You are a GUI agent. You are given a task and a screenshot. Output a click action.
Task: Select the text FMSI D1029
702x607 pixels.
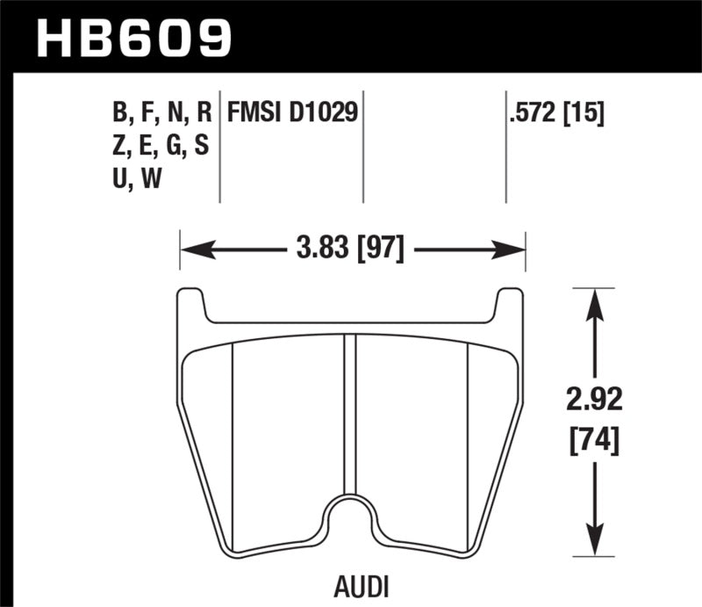click(292, 113)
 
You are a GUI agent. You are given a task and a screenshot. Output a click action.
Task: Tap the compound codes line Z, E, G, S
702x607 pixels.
click(161, 147)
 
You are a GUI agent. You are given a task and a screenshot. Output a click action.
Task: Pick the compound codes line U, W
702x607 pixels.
click(138, 180)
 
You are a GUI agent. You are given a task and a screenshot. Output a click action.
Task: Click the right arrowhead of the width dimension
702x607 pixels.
click(512, 249)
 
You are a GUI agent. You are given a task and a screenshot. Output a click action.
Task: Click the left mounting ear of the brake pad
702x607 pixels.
click(192, 306)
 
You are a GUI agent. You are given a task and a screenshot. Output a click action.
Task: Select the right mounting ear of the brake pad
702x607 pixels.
click(510, 306)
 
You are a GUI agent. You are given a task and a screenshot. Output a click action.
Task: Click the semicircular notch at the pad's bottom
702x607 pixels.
click(351, 518)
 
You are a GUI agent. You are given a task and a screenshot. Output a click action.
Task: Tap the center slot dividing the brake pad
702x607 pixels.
click(351, 413)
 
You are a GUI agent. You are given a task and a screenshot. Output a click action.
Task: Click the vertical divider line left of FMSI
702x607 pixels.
click(219, 145)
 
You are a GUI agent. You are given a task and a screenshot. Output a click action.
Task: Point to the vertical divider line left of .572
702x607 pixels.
click(506, 145)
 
